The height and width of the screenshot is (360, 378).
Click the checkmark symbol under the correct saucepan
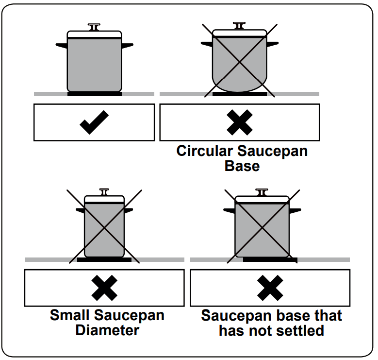tap(94, 122)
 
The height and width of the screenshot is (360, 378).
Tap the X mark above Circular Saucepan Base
tap(240, 122)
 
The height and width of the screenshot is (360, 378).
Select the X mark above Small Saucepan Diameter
tap(104, 288)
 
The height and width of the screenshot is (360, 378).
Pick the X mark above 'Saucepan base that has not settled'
tap(270, 288)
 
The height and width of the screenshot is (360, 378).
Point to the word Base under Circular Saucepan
tap(242, 166)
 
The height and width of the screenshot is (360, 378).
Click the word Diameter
tap(107, 330)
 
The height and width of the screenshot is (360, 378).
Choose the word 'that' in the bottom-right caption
tap(328, 316)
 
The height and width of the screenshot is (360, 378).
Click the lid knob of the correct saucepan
tap(95, 26)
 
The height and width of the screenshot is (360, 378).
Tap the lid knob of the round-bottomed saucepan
tap(239, 25)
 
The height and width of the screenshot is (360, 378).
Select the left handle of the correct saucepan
tap(62, 45)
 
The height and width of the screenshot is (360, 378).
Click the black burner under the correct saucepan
tap(94, 94)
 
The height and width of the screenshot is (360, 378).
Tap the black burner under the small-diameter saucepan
tap(104, 259)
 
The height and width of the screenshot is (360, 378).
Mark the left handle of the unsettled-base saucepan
tap(229, 210)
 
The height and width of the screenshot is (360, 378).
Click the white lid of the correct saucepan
tap(94, 35)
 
